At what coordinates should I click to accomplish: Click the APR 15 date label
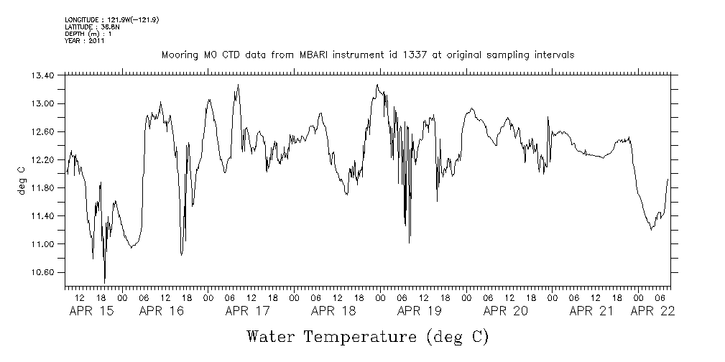click(90, 311)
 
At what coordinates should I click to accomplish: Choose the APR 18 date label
click(334, 311)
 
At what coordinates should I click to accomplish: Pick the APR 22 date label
click(652, 311)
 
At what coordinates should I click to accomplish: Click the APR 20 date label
click(506, 311)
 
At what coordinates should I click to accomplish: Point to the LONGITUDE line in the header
click(111, 19)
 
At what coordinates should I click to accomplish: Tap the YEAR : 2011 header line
click(85, 41)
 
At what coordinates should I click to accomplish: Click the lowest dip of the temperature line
click(105, 282)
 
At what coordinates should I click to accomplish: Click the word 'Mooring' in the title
click(180, 55)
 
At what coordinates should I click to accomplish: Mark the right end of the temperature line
click(668, 179)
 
